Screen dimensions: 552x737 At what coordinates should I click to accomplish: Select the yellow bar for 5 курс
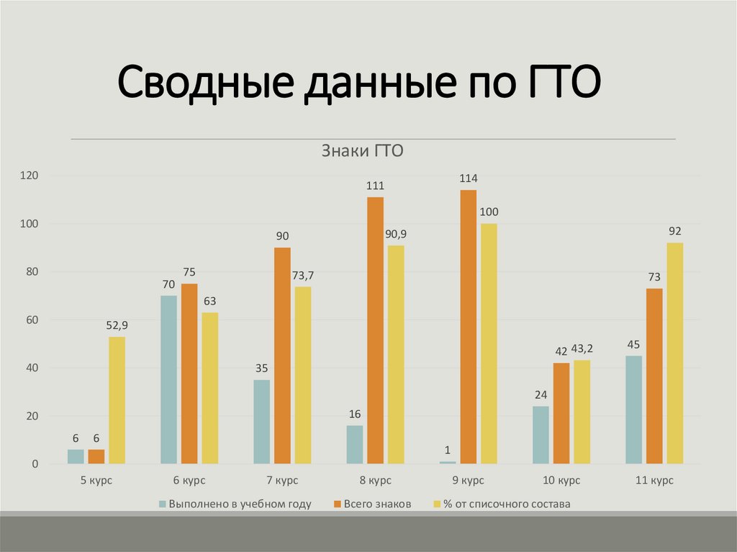(117, 400)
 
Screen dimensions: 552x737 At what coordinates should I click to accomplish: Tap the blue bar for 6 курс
(168, 379)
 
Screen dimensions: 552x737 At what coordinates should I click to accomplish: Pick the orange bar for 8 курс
(375, 330)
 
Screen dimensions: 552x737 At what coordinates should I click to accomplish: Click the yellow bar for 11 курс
(674, 353)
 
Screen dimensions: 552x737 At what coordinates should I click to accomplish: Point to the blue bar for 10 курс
(541, 435)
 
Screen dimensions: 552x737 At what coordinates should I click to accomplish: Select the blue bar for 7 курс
(261, 422)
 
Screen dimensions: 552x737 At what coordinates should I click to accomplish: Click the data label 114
(469, 178)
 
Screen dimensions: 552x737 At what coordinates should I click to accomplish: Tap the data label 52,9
(117, 325)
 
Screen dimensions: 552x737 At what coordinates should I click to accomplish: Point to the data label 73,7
(303, 275)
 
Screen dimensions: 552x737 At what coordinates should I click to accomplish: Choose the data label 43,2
(582, 349)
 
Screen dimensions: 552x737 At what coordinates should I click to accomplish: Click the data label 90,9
(396, 234)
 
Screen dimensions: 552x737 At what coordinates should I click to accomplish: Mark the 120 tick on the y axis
(29, 176)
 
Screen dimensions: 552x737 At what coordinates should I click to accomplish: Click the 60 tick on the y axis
(32, 320)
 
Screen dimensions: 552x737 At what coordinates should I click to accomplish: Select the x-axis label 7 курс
(282, 479)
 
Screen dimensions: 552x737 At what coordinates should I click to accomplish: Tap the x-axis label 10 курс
(561, 479)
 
